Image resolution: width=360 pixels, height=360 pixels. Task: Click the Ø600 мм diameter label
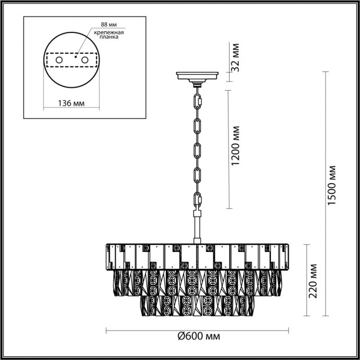coord(198,337)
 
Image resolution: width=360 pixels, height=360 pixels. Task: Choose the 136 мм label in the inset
coord(70,103)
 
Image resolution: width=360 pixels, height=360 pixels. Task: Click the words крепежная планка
coord(109,35)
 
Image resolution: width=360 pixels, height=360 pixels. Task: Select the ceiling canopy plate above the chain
coord(198,76)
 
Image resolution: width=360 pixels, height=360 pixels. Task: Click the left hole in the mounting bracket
coord(58,61)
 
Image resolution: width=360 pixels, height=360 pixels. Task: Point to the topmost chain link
coord(198,99)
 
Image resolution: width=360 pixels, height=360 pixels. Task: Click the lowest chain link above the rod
coord(198,199)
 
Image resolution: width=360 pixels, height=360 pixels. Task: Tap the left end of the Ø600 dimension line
coord(106,331)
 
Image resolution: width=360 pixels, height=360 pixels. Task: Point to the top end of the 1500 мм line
coord(327,72)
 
